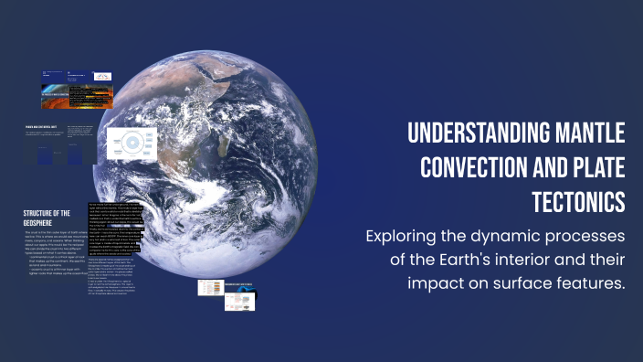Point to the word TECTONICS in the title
pyautogui.click(x=578, y=201)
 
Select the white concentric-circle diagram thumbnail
pyautogui.click(x=132, y=144)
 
